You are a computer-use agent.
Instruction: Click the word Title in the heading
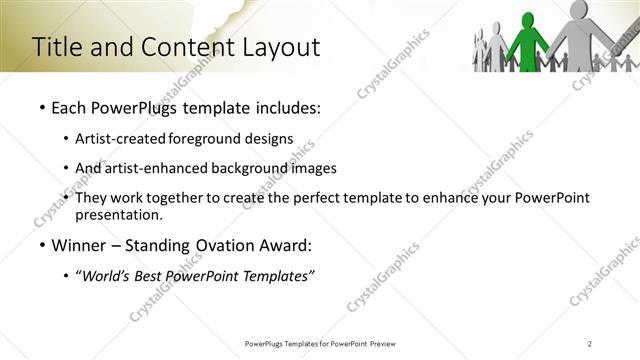(56, 47)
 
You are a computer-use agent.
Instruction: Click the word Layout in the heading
(281, 47)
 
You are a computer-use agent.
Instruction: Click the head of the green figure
(529, 13)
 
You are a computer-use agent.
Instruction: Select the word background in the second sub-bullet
(248, 168)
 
